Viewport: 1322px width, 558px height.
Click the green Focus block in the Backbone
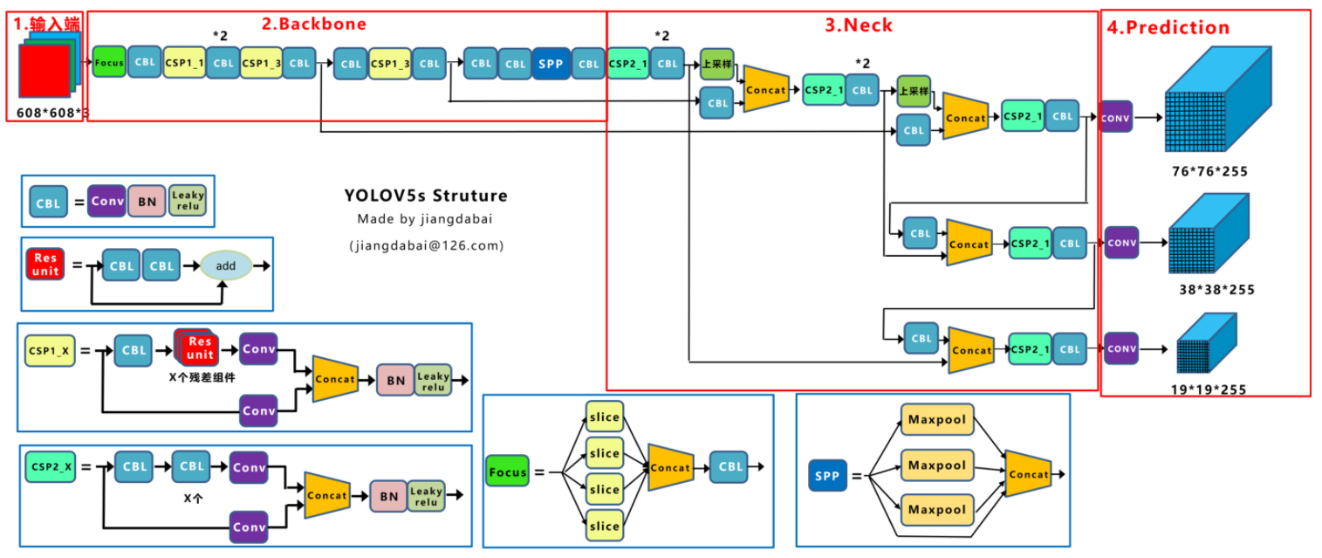coord(109,62)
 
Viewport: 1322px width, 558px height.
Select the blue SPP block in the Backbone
coord(551,64)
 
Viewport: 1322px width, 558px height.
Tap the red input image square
coord(45,70)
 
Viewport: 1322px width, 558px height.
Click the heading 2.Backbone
coord(315,24)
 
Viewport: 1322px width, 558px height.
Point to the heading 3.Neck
coord(859,24)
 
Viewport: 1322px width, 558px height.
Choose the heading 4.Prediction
coord(1168,27)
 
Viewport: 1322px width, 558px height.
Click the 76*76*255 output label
coord(1209,171)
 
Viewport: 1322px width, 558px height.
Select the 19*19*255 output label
coord(1209,389)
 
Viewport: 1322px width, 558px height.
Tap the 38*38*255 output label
coord(1216,289)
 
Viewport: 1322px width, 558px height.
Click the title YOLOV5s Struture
coord(425,196)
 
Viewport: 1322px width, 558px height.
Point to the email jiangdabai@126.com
coord(426,245)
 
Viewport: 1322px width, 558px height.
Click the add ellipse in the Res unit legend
coord(226,265)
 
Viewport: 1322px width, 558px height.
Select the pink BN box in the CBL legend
coord(146,202)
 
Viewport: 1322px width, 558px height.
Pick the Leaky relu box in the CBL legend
coord(188,202)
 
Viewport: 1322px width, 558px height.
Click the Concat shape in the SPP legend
coord(1028,474)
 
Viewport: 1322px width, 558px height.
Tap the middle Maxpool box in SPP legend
coord(936,465)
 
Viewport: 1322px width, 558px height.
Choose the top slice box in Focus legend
coord(604,417)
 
